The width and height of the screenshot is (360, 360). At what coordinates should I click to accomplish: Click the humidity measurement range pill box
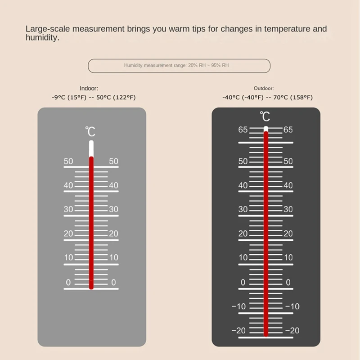179,66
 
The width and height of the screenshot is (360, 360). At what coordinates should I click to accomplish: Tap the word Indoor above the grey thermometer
89,89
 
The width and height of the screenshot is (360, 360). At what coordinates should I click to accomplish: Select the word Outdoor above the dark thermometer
264,89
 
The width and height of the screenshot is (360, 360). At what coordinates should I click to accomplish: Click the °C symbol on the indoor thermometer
90,132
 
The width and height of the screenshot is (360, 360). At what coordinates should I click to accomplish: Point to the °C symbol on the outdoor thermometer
265,117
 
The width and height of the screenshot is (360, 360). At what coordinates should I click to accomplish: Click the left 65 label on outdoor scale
243,130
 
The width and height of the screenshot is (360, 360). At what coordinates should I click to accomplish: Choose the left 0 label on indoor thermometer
68,283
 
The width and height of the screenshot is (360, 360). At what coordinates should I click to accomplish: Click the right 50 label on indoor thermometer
113,162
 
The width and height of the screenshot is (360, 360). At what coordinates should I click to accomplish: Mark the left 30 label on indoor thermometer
68,210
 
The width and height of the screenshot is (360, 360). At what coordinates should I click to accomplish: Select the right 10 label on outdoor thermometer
288,258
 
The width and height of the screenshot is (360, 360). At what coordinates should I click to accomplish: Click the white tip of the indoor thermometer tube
91,148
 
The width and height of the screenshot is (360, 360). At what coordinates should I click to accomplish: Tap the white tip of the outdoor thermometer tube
266,129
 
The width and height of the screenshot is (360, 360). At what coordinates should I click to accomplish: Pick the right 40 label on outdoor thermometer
288,185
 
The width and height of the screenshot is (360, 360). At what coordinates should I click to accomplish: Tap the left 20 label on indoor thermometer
68,234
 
